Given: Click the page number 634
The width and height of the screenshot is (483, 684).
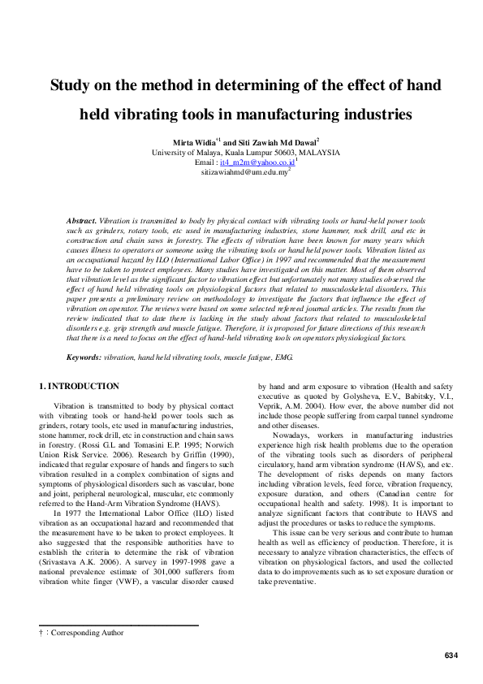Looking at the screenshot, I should pyautogui.click(x=451, y=655).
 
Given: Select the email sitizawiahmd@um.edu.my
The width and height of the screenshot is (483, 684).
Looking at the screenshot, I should pyautogui.click(x=244, y=173).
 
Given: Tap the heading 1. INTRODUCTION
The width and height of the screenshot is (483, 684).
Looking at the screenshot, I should pyautogui.click(x=80, y=386).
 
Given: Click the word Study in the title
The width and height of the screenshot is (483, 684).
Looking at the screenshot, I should pyautogui.click(x=72, y=86).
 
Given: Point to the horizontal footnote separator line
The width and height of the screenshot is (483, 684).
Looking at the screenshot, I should pyautogui.click(x=119, y=626).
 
